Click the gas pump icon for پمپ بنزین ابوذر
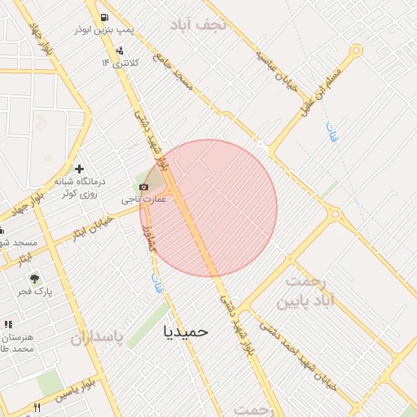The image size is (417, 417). tap(104, 17)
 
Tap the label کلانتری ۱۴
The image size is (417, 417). tap(121, 63)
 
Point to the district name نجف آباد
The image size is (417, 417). tap(200, 24)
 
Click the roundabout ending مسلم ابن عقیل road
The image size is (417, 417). tap(356, 50)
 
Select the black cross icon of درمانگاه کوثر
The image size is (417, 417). tap(79, 168)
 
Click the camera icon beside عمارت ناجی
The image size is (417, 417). tap(144, 187)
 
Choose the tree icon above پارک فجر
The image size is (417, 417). tap(34, 279)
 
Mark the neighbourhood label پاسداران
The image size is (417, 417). tap(98, 337)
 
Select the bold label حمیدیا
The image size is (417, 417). tap(187, 331)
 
